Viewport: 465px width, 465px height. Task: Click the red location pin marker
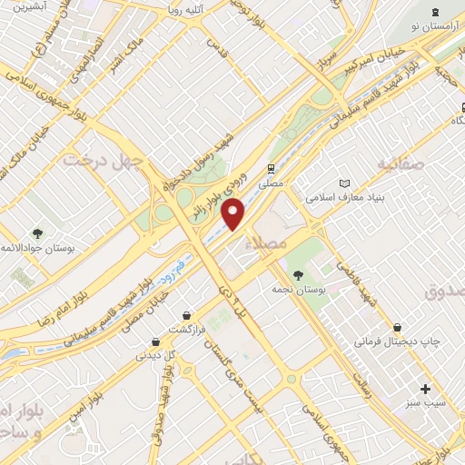tap(234, 213)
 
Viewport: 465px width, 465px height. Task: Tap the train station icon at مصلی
tap(270, 169)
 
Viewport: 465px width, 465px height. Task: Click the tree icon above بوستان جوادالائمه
tap(37, 233)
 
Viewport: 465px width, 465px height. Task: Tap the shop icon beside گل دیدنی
tap(156, 341)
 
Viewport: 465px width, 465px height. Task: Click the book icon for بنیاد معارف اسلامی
tap(343, 183)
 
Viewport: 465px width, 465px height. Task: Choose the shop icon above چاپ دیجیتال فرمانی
tap(397, 327)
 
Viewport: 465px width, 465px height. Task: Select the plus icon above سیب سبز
tap(423, 390)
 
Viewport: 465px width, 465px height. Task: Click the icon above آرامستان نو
tap(434, 12)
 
